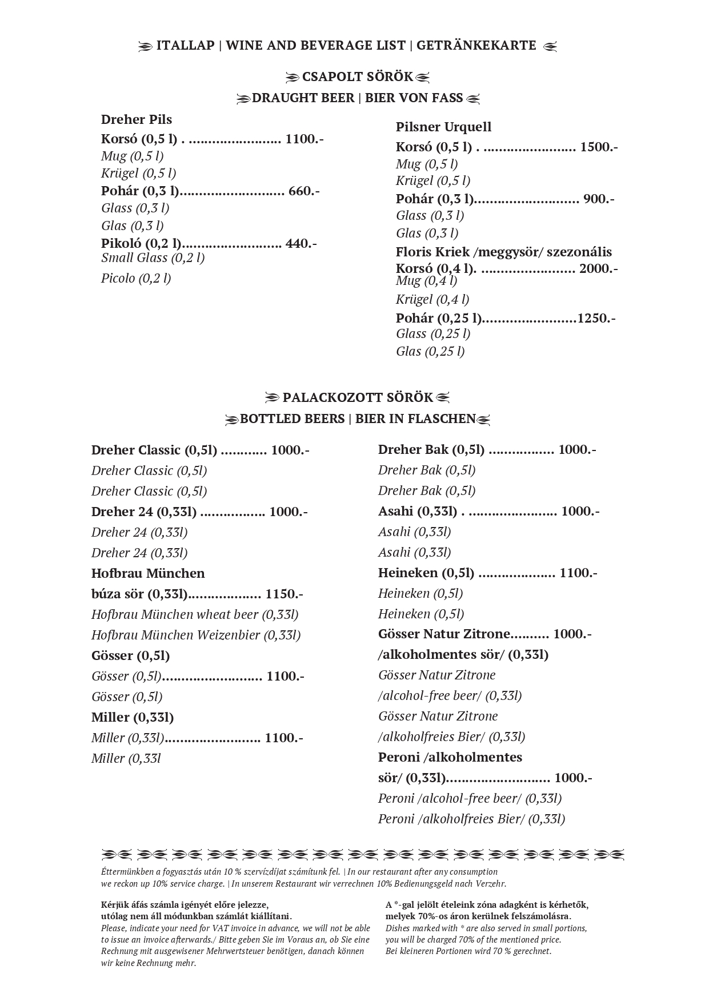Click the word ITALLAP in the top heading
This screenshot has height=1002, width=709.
185,46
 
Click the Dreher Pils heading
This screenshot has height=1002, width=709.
137,119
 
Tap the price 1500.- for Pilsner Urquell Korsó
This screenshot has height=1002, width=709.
599,147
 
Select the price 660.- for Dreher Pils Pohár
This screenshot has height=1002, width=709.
304,191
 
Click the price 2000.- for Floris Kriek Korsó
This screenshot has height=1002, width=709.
598,268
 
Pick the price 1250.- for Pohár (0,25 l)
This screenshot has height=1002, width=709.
596,318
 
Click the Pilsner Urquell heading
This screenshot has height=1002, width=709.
443,127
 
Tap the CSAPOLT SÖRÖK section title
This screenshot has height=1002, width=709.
357,77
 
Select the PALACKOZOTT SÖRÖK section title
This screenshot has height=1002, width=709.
358,397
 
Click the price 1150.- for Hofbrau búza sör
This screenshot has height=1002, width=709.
284,594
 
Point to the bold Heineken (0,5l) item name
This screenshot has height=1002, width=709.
426,573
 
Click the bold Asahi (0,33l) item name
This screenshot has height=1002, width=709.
418,511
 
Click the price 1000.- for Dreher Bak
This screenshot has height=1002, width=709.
577,449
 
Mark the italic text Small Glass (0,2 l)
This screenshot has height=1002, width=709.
153,257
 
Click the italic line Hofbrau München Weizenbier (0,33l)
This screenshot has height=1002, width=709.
196,635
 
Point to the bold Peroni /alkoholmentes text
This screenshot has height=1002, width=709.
450,757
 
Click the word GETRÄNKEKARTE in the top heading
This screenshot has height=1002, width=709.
476,46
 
